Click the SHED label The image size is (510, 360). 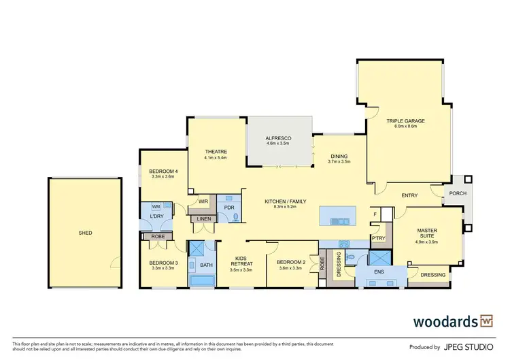click(85, 233)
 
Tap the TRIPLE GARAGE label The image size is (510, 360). click(406, 121)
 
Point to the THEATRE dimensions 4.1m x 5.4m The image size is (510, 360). click(215, 158)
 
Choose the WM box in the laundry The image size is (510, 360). click(156, 206)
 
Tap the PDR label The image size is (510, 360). click(229, 207)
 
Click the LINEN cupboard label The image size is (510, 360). click(203, 218)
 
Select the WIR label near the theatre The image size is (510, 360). click(203, 201)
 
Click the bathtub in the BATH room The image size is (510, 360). click(202, 280)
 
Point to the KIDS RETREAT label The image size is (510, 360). click(241, 261)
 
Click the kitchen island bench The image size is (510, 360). click(337, 216)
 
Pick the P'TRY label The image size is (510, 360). click(378, 238)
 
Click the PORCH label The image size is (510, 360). click(454, 193)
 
